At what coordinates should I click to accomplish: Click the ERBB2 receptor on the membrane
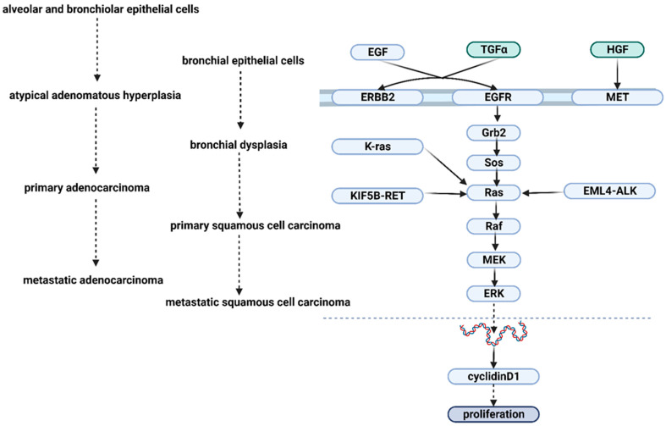click(x=366, y=97)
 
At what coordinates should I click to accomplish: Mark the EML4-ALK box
click(x=609, y=191)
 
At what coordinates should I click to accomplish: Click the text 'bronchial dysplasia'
click(x=238, y=145)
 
